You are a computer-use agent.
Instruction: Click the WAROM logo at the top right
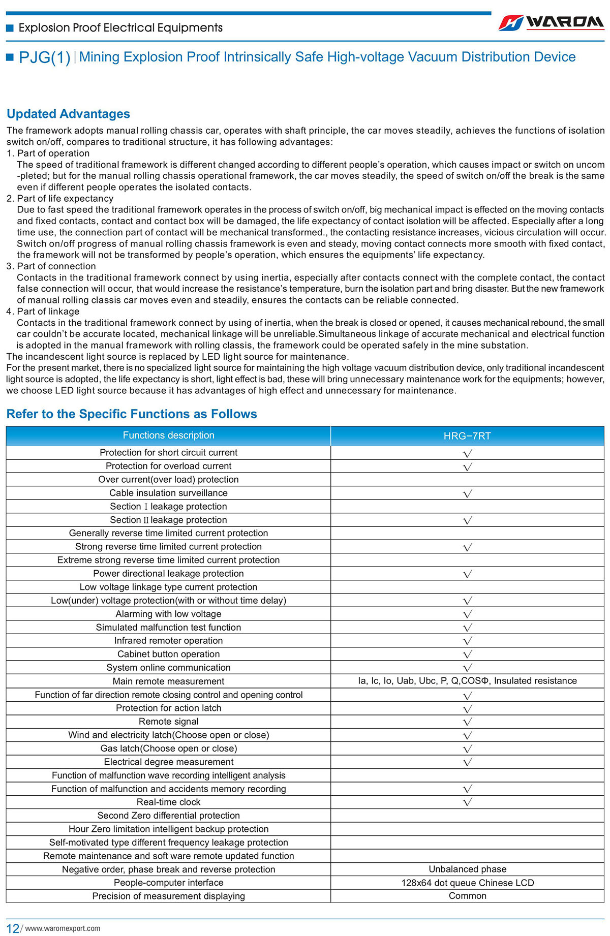point(551,23)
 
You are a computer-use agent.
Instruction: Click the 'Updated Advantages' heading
point(68,114)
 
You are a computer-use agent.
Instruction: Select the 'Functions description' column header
point(168,435)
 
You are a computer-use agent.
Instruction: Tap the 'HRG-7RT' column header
point(467,436)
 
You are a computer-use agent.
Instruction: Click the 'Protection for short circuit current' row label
point(168,453)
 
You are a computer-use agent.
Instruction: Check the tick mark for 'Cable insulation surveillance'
point(468,493)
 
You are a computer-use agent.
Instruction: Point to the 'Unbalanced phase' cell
point(467,869)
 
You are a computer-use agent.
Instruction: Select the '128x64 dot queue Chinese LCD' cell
point(467,883)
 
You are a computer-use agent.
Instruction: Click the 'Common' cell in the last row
point(467,896)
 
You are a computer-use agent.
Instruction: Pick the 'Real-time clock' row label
point(168,802)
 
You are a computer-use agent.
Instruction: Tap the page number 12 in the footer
point(13,928)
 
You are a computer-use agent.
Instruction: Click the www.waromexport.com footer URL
point(63,928)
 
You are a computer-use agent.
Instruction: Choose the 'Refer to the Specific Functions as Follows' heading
point(132,414)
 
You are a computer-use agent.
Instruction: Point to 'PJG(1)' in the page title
point(44,57)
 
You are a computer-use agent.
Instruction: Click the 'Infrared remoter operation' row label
point(168,641)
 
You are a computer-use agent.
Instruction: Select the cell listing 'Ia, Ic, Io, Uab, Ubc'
point(467,681)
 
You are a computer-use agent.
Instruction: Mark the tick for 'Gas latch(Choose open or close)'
point(468,749)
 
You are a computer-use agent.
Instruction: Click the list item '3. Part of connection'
point(51,266)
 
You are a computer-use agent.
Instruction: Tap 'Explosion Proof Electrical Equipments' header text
point(120,28)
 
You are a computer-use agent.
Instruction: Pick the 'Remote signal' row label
point(168,722)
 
